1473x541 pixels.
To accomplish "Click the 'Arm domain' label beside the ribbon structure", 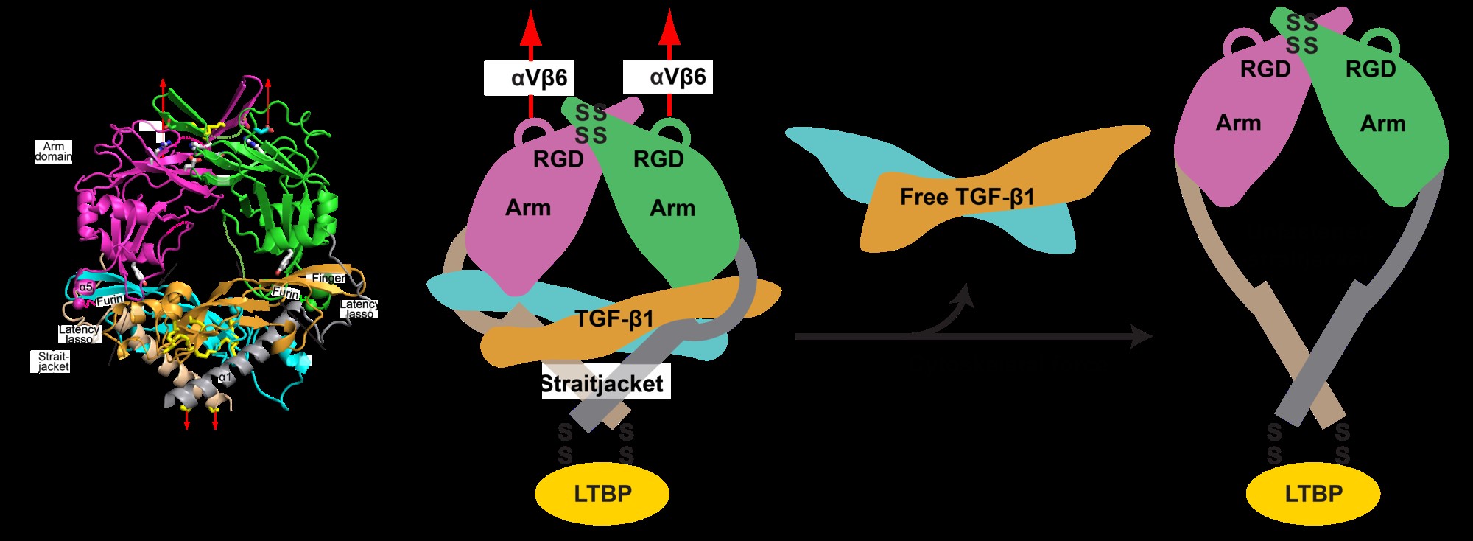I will coord(54,152).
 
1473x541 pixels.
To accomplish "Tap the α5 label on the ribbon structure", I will coord(86,287).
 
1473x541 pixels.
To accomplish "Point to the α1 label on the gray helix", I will coord(225,377).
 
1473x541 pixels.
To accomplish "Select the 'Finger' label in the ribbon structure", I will coord(328,279).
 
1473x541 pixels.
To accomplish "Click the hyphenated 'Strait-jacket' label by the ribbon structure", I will coord(54,361).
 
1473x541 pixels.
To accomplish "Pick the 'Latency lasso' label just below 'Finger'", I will coord(359,309).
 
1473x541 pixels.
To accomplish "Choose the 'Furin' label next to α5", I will coord(110,301).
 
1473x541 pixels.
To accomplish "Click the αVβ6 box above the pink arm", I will coord(529,77).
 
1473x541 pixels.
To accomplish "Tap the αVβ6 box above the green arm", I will coord(668,77).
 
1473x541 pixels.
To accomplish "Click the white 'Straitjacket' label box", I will coord(605,383).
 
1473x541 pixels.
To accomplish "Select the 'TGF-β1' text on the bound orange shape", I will coord(614,319).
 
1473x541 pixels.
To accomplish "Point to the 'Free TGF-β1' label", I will coord(967,197).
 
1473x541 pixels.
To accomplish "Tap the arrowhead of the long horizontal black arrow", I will coord(1142,337).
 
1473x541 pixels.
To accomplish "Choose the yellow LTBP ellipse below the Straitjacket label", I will coord(602,493).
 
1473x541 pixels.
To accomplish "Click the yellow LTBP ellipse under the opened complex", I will coord(1313,493).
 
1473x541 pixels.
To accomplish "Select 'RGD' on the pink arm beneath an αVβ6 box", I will coord(558,159).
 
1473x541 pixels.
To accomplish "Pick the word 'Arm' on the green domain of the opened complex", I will coord(1382,124).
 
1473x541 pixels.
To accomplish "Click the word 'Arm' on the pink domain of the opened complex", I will coord(1238,123).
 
